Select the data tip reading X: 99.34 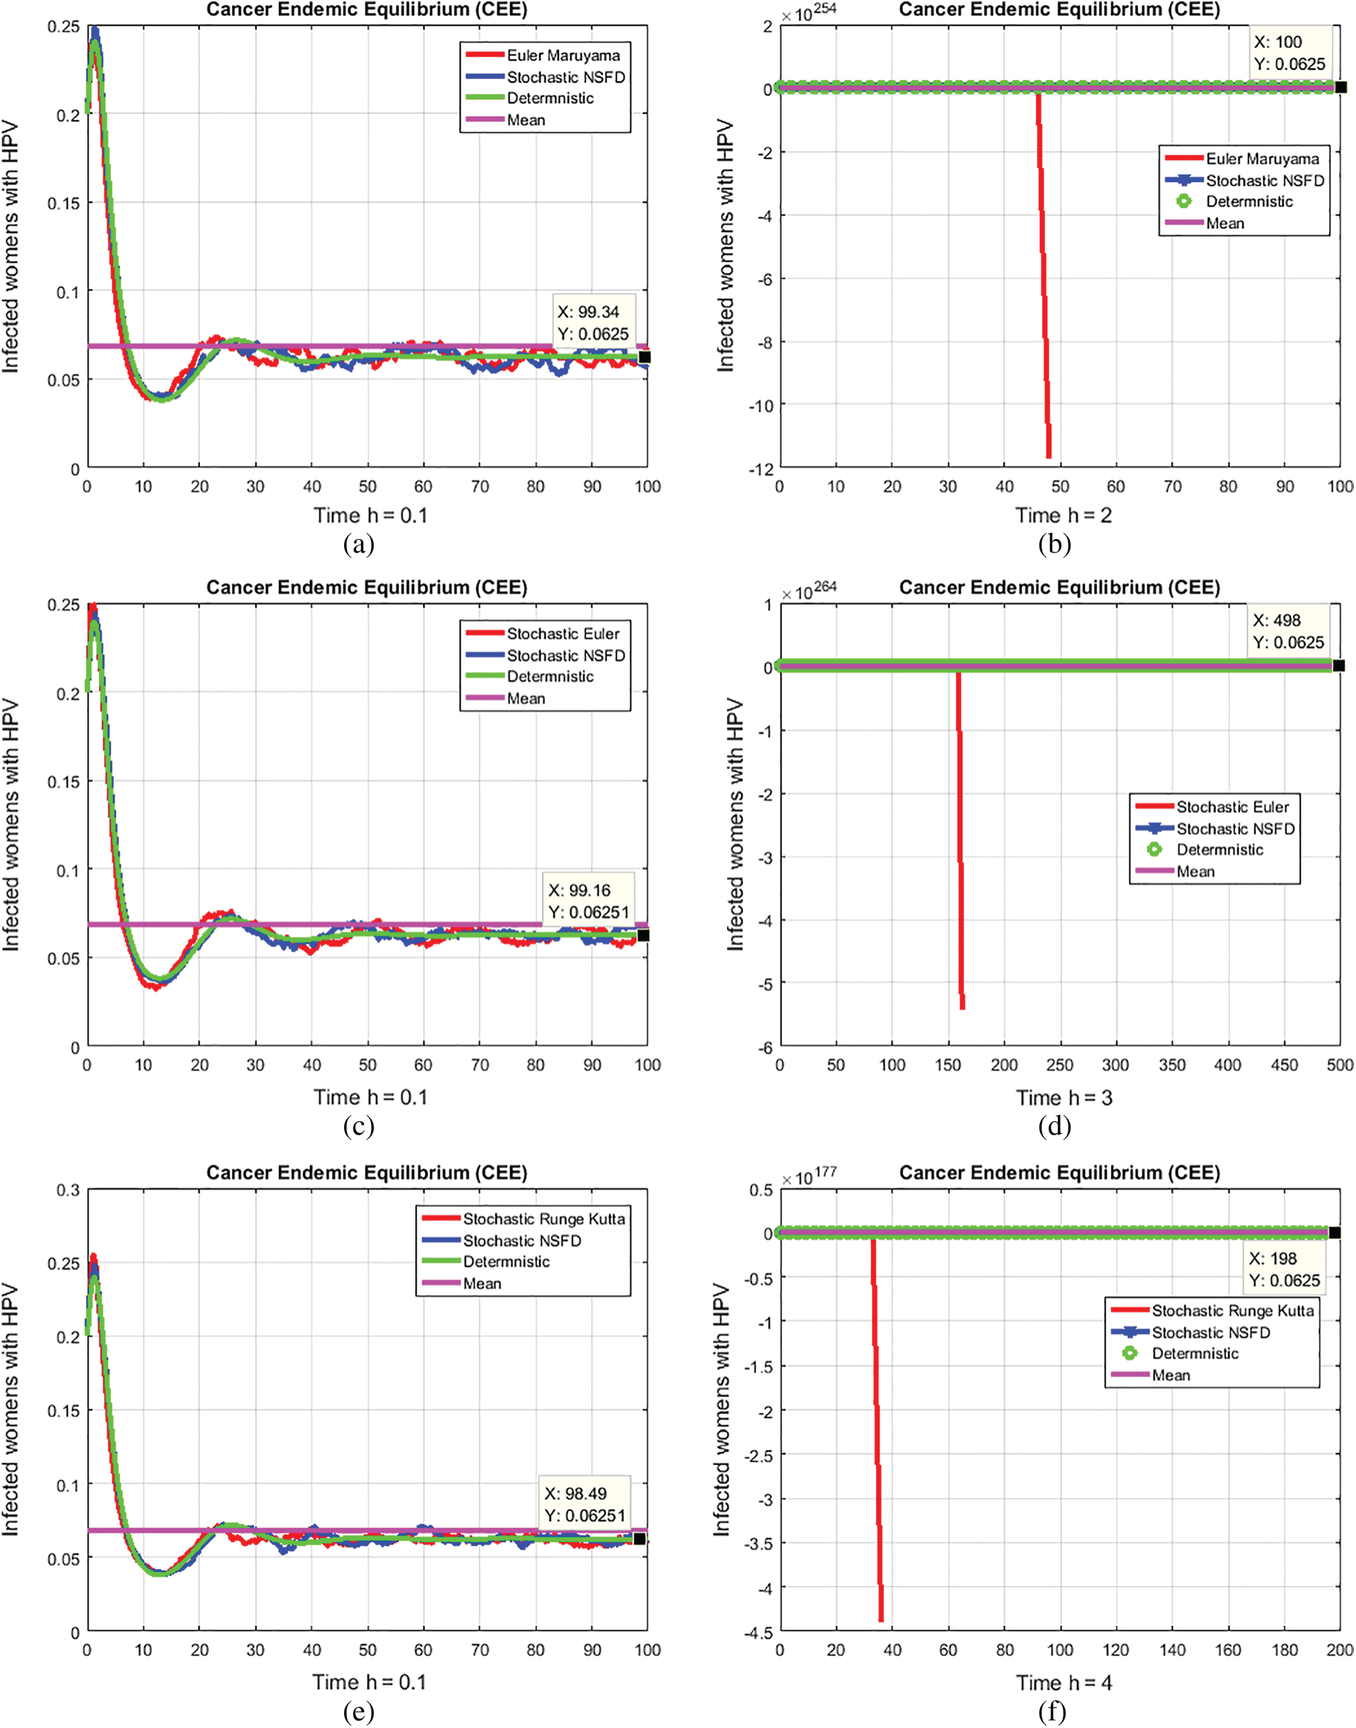pyautogui.click(x=592, y=323)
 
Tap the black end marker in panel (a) pyautogui.click(x=644, y=357)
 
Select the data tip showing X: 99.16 pyautogui.click(x=587, y=901)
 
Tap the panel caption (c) pyautogui.click(x=359, y=1127)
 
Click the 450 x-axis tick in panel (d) pyautogui.click(x=1284, y=1065)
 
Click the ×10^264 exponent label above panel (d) pyautogui.click(x=809, y=592)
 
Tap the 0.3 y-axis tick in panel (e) pyautogui.click(x=69, y=1190)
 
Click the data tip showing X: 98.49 pyautogui.click(x=585, y=1504)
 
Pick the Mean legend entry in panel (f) pyautogui.click(x=1171, y=1375)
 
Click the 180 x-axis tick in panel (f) pyautogui.click(x=1284, y=1650)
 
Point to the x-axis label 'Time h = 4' pyautogui.click(x=1064, y=1683)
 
